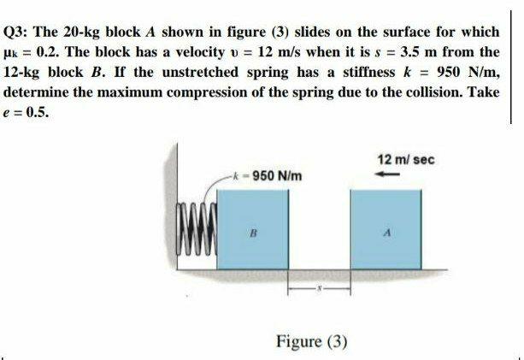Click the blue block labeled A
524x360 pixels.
point(387,230)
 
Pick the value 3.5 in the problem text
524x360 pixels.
point(395,53)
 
